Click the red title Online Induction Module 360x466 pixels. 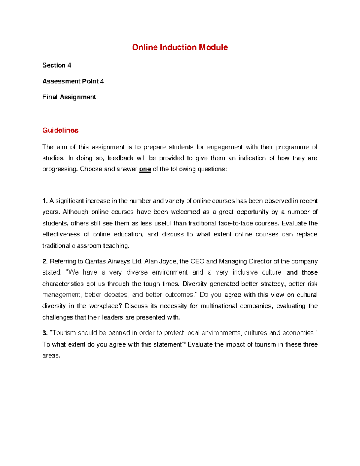[x=180, y=47]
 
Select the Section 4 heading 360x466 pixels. [x=57, y=65]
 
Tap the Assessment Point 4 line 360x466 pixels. [x=73, y=81]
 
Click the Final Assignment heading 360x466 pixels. [x=69, y=97]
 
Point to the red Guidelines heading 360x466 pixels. [x=60, y=130]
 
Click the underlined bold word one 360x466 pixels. [x=145, y=169]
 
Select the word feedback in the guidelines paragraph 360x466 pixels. [x=120, y=158]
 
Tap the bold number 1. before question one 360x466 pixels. [x=45, y=201]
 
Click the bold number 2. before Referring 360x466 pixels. [x=45, y=261]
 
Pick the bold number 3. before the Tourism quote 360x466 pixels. [x=45, y=333]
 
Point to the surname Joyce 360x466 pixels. [x=168, y=261]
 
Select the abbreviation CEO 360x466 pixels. [x=197, y=261]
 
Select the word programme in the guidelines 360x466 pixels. [x=292, y=147]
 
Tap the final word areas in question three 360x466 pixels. [x=51, y=356]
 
